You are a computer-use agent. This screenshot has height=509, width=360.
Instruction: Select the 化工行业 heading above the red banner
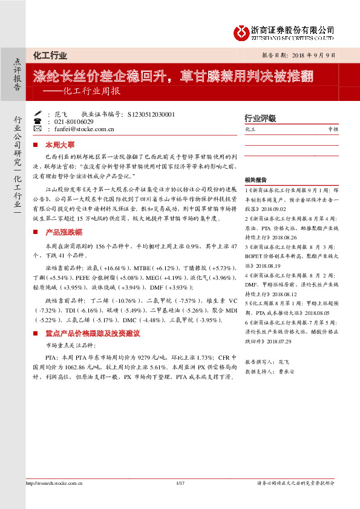pyautogui.click(x=50, y=56)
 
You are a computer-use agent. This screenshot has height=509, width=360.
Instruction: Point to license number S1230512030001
pyautogui.click(x=148, y=114)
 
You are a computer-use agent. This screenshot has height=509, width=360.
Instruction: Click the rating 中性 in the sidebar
pyautogui.click(x=333, y=129)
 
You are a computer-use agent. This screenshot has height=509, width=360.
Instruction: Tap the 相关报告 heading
pyautogui.click(x=255, y=180)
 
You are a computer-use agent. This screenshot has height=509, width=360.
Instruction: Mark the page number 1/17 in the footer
pyautogui.click(x=180, y=500)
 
